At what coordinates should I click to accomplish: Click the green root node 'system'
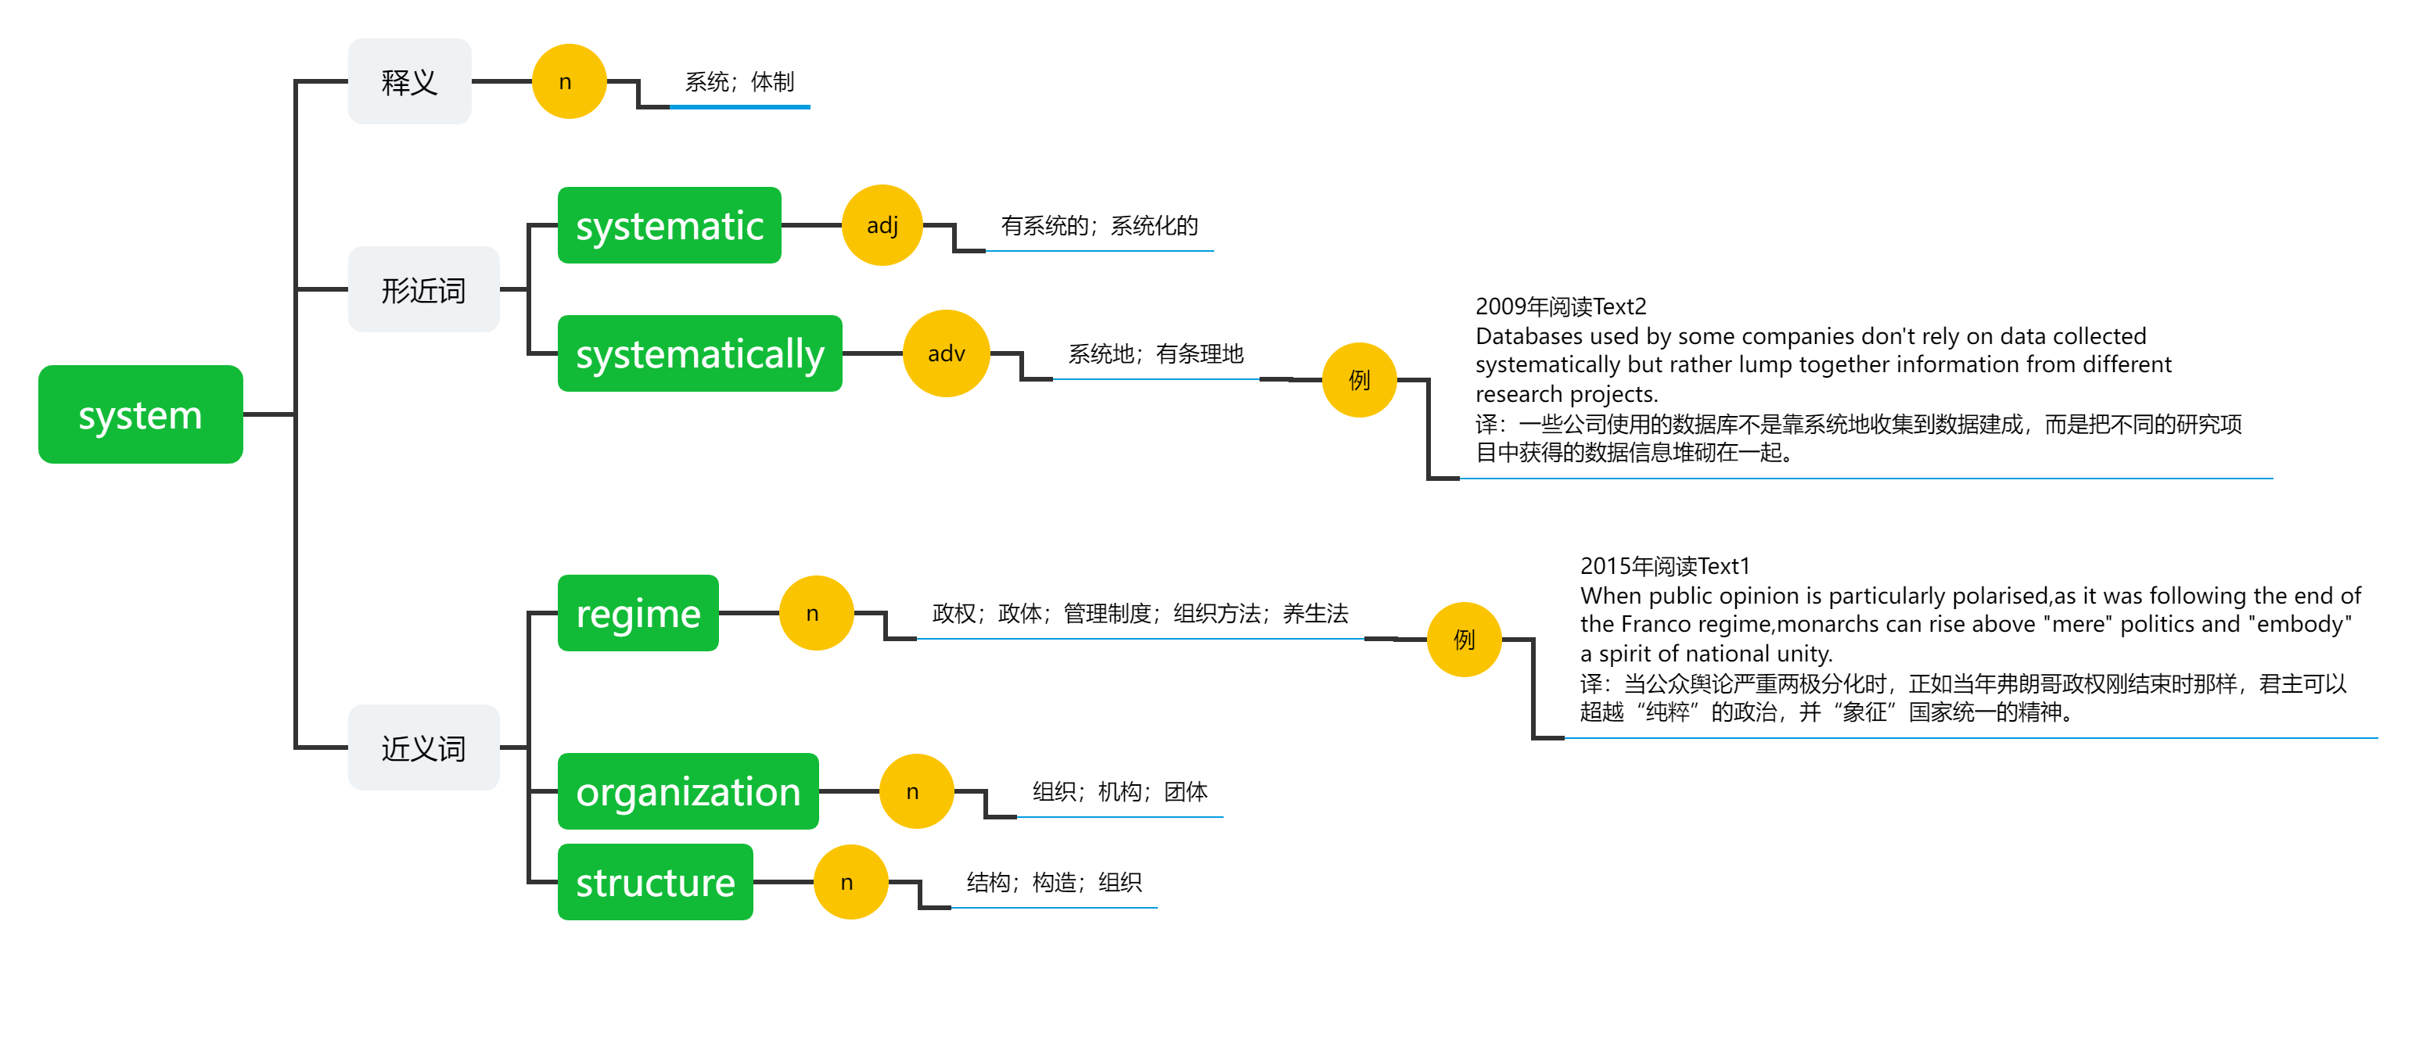[x=141, y=414]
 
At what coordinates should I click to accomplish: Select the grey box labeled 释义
[x=409, y=81]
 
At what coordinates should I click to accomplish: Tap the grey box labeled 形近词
[x=423, y=289]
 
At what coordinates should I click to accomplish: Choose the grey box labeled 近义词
[x=423, y=747]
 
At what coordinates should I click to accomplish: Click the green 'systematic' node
[x=670, y=225]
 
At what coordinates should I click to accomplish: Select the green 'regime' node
[x=638, y=613]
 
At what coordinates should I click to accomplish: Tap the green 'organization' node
[x=688, y=791]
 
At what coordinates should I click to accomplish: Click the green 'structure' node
[x=656, y=882]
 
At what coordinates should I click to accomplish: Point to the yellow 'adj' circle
[x=882, y=225]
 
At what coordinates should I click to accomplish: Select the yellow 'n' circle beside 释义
[x=569, y=81]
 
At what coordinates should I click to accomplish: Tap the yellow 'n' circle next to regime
[x=816, y=613]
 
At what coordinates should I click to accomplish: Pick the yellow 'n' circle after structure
[x=850, y=882]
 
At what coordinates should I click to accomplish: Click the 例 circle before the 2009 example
[x=1360, y=380]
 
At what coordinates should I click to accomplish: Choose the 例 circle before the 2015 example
[x=1465, y=639]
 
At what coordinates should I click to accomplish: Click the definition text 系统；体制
[x=740, y=83]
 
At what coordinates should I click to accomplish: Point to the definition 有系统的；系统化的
[x=1100, y=226]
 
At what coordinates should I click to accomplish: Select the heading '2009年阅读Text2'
[x=1561, y=307]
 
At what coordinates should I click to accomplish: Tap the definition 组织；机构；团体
[x=1120, y=792]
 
